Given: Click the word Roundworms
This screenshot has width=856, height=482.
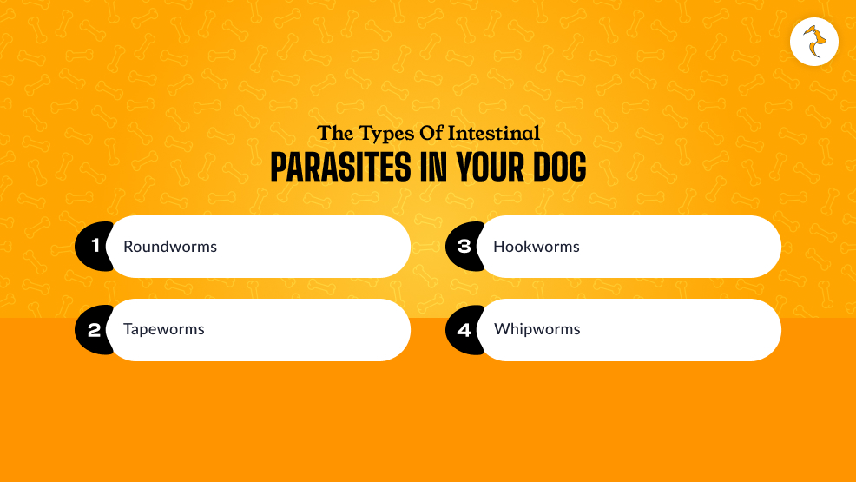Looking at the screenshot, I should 170,247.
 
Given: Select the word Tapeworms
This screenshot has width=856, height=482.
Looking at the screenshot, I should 164,330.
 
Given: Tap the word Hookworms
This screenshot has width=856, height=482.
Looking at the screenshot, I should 537,247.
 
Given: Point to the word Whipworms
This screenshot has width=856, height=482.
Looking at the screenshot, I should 537,330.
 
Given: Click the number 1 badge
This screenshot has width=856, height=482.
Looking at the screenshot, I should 94,247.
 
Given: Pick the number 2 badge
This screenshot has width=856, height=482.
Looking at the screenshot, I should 94,330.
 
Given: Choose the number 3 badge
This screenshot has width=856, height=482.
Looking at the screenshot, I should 464,247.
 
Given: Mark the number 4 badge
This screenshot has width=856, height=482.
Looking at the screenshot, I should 464,330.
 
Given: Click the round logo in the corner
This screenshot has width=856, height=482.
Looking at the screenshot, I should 814,41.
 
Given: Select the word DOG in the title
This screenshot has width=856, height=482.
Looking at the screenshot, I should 553,167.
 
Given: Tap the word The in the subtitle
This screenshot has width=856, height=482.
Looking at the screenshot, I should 336,133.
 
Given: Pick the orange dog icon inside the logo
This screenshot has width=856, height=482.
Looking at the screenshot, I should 814,42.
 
